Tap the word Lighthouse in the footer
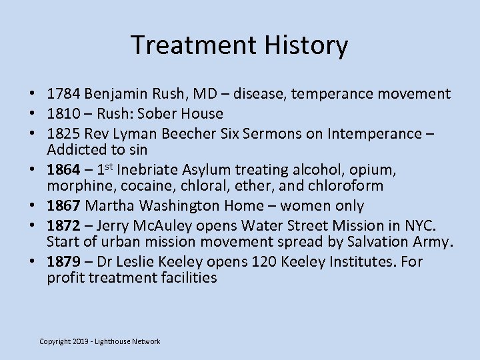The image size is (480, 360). click(117, 342)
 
